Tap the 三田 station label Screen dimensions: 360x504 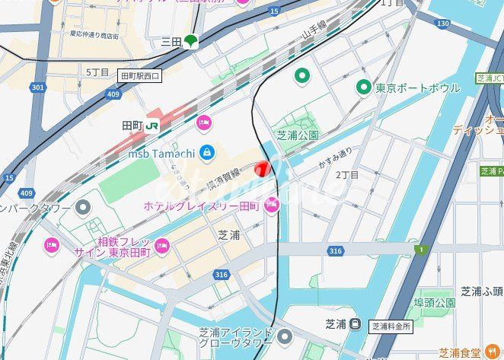(x=171, y=43)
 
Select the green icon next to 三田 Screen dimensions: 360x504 (x=190, y=42)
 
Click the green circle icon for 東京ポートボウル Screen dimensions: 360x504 (x=364, y=88)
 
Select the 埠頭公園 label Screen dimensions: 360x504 (x=434, y=303)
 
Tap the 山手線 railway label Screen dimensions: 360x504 (x=314, y=33)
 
